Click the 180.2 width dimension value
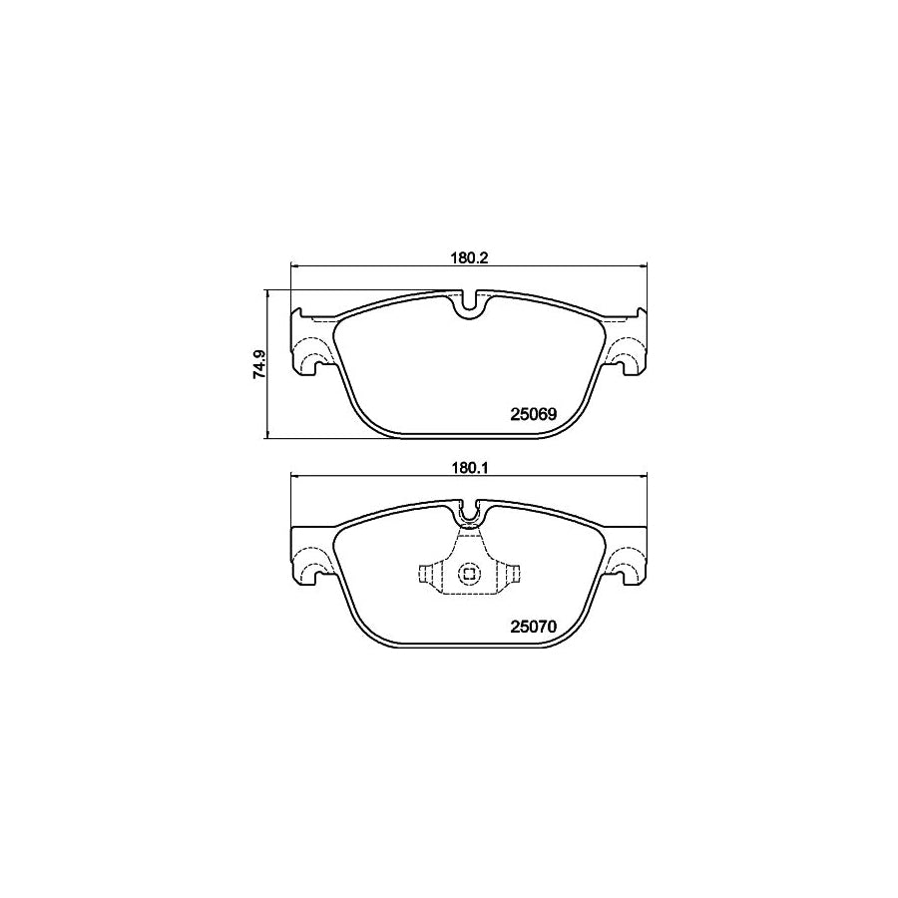(x=468, y=256)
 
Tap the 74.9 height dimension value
(x=258, y=364)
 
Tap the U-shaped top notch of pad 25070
(x=468, y=514)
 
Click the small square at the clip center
(x=468, y=574)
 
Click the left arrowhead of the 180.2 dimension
(x=293, y=266)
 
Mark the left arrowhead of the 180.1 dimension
(x=293, y=476)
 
